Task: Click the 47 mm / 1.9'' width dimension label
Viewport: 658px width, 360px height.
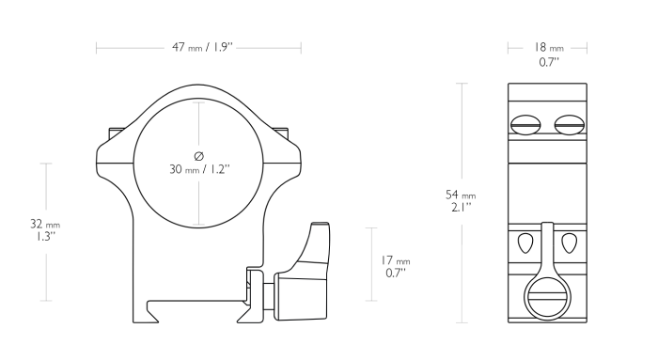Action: tap(198, 47)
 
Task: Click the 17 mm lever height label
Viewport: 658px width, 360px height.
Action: tap(397, 260)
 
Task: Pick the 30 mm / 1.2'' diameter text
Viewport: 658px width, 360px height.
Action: tap(198, 169)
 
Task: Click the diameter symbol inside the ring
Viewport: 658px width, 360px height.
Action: tap(198, 155)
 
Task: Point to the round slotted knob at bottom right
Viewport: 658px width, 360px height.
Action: tap(547, 300)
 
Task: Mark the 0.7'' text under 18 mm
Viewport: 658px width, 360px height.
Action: tap(549, 62)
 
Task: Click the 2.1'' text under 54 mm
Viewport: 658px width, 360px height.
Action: tap(461, 208)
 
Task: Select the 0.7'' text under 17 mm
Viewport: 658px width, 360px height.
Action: tap(397, 273)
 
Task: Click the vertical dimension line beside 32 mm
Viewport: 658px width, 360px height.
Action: tap(44, 188)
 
